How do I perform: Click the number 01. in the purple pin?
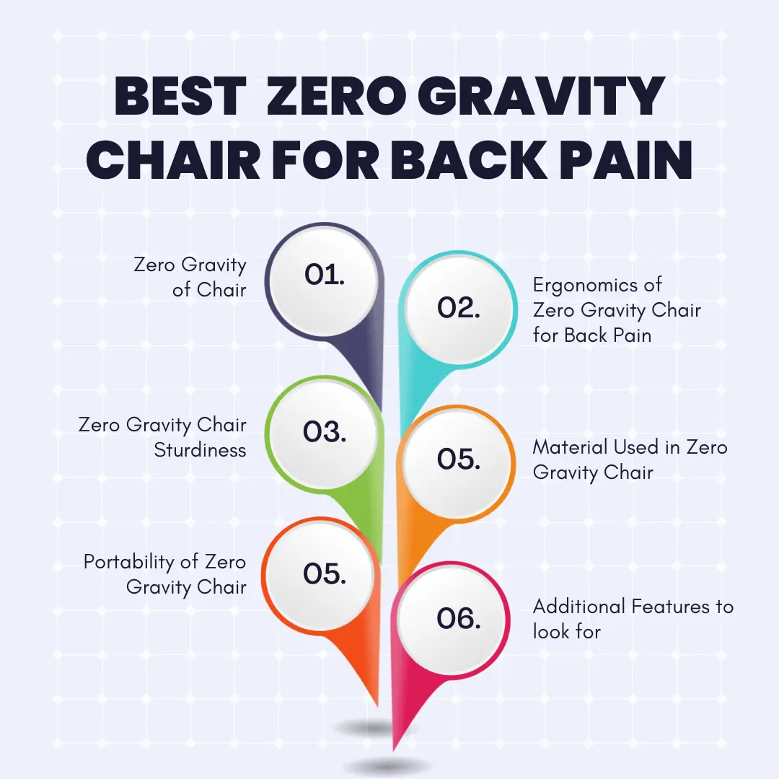tap(325, 274)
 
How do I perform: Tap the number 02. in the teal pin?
tap(459, 307)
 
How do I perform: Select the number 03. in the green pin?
tap(325, 431)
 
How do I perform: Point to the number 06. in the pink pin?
tap(459, 619)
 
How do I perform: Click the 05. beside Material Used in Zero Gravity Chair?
tap(459, 459)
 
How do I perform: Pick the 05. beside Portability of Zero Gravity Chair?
tap(325, 574)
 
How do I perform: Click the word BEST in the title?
tap(181, 96)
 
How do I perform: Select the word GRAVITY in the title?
tap(541, 96)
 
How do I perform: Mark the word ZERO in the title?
tap(336, 96)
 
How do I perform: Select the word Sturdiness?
tap(201, 450)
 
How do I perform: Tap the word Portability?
tap(129, 563)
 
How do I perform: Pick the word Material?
tap(571, 447)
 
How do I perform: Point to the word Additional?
tap(578, 607)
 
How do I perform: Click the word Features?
tap(670, 607)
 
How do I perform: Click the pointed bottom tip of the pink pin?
tap(393, 751)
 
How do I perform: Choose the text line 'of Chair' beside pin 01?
tap(209, 290)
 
